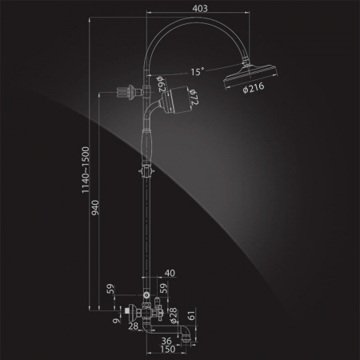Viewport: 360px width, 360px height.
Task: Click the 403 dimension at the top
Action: click(x=200, y=9)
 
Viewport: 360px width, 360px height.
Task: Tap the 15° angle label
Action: click(x=198, y=71)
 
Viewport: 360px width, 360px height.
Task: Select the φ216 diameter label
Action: click(x=254, y=87)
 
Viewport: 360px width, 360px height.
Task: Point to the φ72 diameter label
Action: click(x=194, y=97)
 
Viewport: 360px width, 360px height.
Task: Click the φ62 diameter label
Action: click(x=161, y=84)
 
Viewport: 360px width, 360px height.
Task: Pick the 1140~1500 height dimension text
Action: click(x=86, y=170)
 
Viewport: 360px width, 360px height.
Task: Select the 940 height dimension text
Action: click(x=95, y=208)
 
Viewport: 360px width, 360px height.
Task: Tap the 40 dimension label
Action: click(x=170, y=273)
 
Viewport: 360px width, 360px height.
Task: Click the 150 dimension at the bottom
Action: click(x=167, y=349)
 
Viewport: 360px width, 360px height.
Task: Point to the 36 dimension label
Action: click(x=166, y=341)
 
